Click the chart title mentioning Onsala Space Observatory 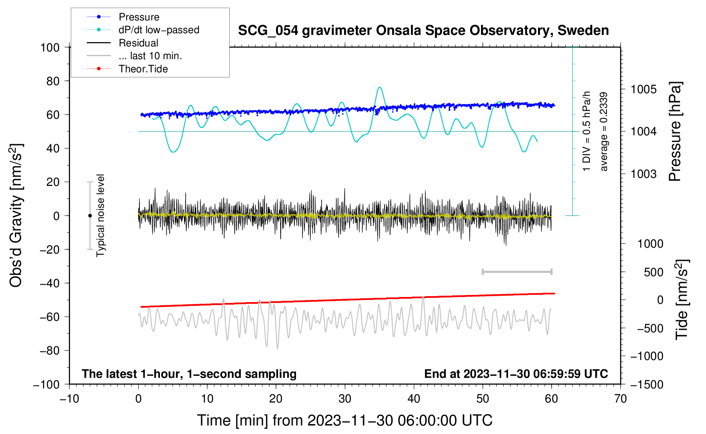pos(423,31)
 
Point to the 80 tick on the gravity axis pos(53,81)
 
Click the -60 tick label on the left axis pos(49,317)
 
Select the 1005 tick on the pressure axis pos(643,90)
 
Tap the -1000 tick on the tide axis pos(647,356)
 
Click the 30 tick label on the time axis pos(345,399)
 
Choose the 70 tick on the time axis pos(620,399)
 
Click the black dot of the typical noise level pos(90,216)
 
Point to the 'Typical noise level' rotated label pos(100,216)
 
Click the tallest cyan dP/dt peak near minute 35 pos(380,87)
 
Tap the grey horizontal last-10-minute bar pos(517,271)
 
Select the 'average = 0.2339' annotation pos(603,131)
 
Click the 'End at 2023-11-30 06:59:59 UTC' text pos(516,374)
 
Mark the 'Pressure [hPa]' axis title pos(675,131)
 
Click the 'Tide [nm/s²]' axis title pos(682,300)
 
